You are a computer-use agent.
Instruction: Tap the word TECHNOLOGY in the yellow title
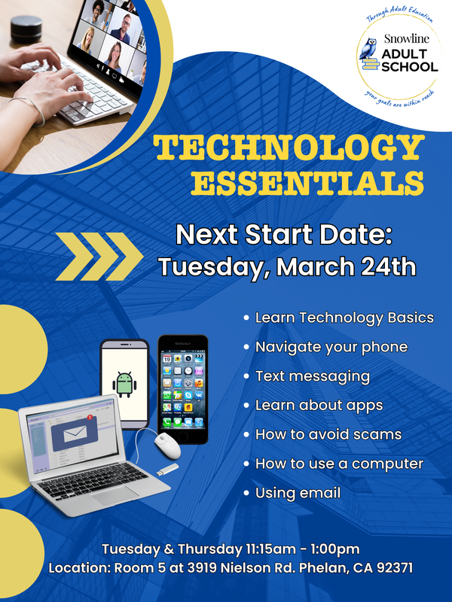tap(289, 148)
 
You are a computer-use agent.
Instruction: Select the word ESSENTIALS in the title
tap(307, 183)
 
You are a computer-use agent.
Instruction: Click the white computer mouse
tap(167, 445)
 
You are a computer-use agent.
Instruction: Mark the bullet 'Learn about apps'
tap(319, 405)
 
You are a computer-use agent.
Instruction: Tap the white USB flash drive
tap(166, 470)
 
